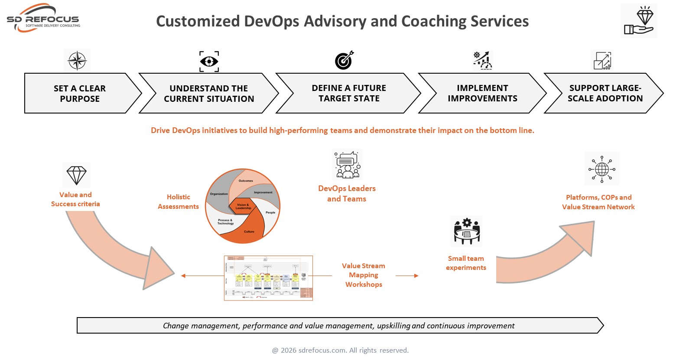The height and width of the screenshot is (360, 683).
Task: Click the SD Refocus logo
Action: click(x=43, y=19)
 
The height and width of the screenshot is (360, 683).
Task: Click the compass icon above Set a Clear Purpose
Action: click(x=77, y=61)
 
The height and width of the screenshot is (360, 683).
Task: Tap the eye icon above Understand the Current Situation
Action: click(x=209, y=61)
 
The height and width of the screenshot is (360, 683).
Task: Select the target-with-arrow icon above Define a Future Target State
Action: click(x=344, y=61)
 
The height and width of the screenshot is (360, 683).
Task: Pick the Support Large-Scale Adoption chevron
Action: click(x=605, y=93)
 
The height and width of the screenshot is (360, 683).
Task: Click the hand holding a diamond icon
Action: click(x=639, y=20)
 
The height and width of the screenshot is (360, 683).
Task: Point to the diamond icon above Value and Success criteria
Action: click(x=76, y=175)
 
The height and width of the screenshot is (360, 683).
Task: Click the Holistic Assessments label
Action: click(x=178, y=202)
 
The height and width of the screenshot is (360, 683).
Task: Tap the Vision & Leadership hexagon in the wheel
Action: click(x=243, y=206)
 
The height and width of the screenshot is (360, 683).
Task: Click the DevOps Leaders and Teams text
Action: click(x=347, y=194)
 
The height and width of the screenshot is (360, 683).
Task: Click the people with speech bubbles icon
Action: click(x=347, y=165)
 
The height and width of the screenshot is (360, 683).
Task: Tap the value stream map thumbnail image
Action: click(x=268, y=278)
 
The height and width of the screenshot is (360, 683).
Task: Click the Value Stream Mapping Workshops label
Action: click(x=364, y=275)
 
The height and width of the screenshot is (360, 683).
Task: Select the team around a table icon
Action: click(x=466, y=231)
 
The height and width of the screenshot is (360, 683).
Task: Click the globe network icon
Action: click(x=602, y=169)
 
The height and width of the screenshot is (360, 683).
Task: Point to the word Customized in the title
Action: click(x=198, y=21)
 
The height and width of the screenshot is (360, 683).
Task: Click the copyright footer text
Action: click(x=340, y=350)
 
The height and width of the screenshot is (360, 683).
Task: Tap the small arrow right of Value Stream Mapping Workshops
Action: click(x=407, y=276)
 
